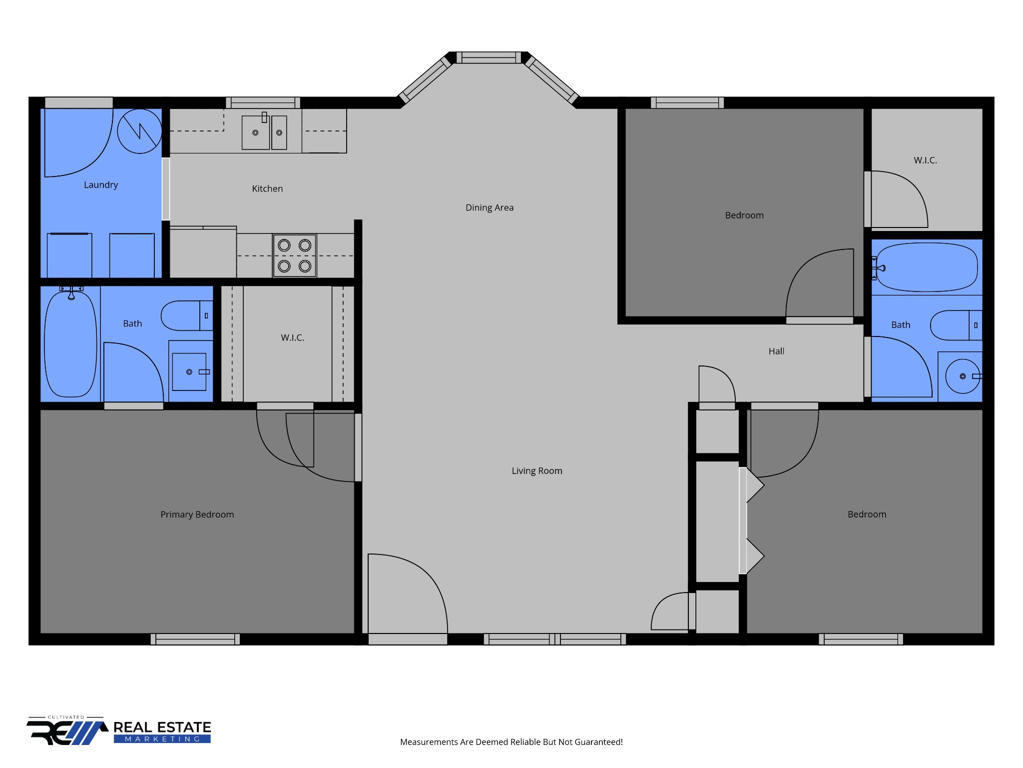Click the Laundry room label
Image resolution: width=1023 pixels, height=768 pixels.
pyautogui.click(x=101, y=185)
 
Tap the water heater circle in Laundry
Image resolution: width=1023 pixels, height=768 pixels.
pyautogui.click(x=139, y=131)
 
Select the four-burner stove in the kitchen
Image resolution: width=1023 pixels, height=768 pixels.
pyautogui.click(x=295, y=255)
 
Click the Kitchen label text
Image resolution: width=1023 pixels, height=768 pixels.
pyautogui.click(x=267, y=188)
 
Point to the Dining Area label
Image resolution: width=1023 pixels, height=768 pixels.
pyautogui.click(x=490, y=207)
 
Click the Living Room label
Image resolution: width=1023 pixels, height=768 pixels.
pyautogui.click(x=537, y=470)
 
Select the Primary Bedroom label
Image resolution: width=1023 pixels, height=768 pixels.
pyautogui.click(x=197, y=514)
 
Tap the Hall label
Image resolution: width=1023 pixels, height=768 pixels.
pyautogui.click(x=776, y=351)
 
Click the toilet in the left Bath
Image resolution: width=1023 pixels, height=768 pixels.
pyautogui.click(x=187, y=315)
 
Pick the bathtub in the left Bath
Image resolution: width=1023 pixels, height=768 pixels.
pyautogui.click(x=70, y=344)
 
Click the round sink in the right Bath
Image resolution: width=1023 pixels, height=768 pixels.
pyautogui.click(x=963, y=376)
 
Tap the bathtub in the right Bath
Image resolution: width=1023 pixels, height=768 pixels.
pyautogui.click(x=927, y=267)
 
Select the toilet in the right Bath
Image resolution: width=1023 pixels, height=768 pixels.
pyautogui.click(x=956, y=325)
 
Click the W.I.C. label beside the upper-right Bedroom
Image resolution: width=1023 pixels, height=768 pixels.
pyautogui.click(x=926, y=160)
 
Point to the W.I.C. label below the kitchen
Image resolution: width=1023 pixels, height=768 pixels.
pyautogui.click(x=293, y=338)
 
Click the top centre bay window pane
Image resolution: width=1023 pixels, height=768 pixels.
pyautogui.click(x=489, y=58)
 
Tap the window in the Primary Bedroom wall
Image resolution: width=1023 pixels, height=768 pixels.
pyautogui.click(x=195, y=639)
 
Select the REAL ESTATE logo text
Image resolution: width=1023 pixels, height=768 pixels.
pyautogui.click(x=162, y=727)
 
